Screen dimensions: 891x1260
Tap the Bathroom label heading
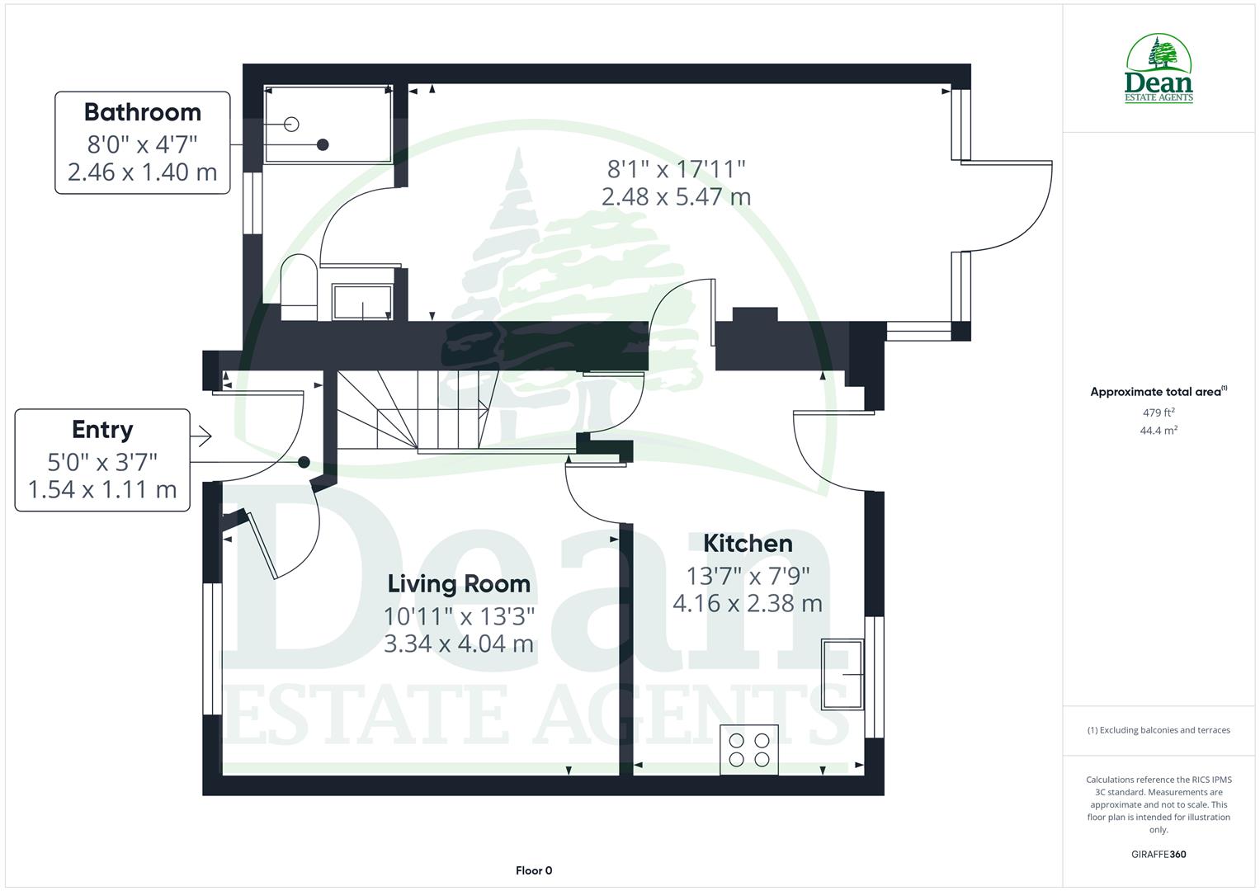pyautogui.click(x=142, y=112)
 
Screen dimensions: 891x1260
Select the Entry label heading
pyautogui.click(x=102, y=430)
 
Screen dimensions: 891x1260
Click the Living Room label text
pyautogui.click(x=459, y=584)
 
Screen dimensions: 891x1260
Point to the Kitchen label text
pyautogui.click(x=748, y=544)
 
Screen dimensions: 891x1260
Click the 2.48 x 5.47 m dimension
pyautogui.click(x=676, y=197)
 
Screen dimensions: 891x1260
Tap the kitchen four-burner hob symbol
pyautogui.click(x=749, y=750)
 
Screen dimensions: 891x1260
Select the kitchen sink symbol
pyautogui.click(x=842, y=675)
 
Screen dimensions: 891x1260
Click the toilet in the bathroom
pyautogui.click(x=299, y=288)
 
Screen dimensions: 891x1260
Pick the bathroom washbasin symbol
pyautogui.click(x=363, y=302)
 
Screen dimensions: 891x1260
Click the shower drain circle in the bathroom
pyautogui.click(x=291, y=125)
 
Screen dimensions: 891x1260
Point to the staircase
pyautogui.click(x=417, y=410)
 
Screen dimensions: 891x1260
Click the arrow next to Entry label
pyautogui.click(x=201, y=436)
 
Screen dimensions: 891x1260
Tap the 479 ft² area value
pyautogui.click(x=1159, y=412)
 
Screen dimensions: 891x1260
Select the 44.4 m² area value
pyautogui.click(x=1159, y=431)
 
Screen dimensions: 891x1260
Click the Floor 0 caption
pyautogui.click(x=534, y=870)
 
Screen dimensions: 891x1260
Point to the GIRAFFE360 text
pyautogui.click(x=1158, y=854)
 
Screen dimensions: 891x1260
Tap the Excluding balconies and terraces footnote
pyautogui.click(x=1159, y=730)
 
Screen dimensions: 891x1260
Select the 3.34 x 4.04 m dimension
pyautogui.click(x=459, y=643)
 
